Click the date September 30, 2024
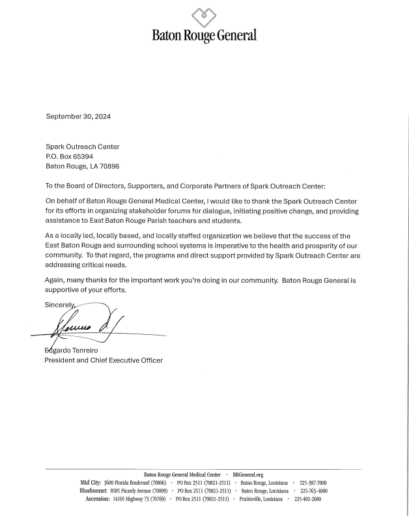coord(78,117)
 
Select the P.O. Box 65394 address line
coord(69,157)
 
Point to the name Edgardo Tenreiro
coord(72,351)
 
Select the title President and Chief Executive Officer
coord(103,360)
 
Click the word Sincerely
coord(61,305)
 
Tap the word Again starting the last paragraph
coord(55,280)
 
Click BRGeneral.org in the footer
coord(247,475)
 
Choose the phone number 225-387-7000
coord(313,483)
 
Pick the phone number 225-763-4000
coord(313,491)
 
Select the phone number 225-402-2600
coord(307,498)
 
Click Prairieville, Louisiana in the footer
coord(260,498)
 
